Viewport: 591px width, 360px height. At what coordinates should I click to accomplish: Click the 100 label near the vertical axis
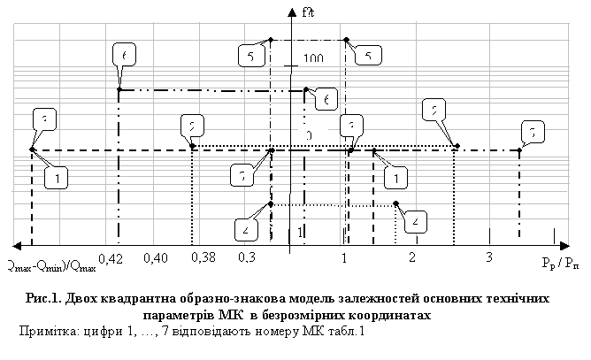click(313, 59)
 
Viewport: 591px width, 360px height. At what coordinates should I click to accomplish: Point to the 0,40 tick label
click(154, 258)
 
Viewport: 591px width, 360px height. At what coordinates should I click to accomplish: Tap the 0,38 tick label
click(203, 257)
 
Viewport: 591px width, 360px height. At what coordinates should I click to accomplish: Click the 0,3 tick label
click(247, 258)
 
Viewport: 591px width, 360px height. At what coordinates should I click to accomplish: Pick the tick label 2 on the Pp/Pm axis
click(412, 257)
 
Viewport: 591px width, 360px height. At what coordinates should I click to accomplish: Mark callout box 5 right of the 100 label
click(367, 56)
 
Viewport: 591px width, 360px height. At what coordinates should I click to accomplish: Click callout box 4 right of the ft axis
click(417, 220)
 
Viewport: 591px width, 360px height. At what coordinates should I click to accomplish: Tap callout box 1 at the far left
click(56, 178)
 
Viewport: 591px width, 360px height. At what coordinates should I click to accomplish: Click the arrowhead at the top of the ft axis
click(290, 11)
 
